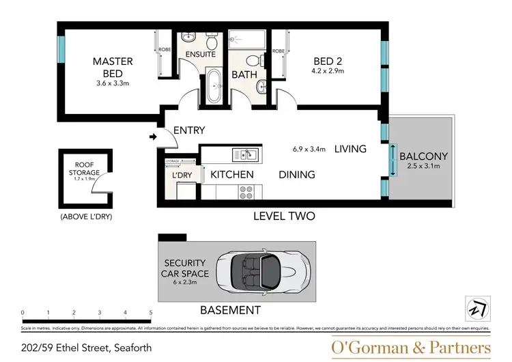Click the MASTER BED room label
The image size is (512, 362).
(x=113, y=67)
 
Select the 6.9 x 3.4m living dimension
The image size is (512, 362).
(x=309, y=148)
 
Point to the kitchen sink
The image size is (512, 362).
(x=244, y=154)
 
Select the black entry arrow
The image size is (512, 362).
(x=152, y=137)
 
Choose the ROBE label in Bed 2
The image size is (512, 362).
(x=279, y=51)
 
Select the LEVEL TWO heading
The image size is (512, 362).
(x=284, y=216)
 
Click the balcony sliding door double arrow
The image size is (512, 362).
(x=393, y=160)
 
